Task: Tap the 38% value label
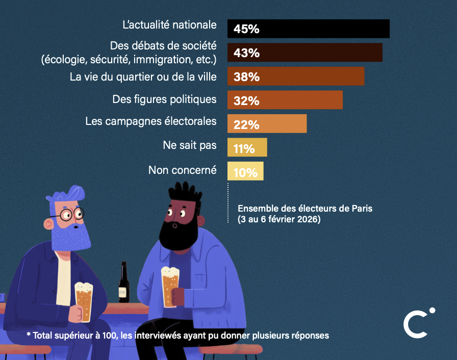pyautogui.click(x=247, y=77)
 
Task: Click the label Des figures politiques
pyautogui.click(x=164, y=98)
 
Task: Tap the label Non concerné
pyautogui.click(x=182, y=170)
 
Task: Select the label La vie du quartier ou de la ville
pyautogui.click(x=143, y=76)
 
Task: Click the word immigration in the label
pyautogui.click(x=162, y=60)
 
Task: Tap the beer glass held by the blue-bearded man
pyautogui.click(x=83, y=301)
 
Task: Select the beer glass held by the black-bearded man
pyautogui.click(x=170, y=287)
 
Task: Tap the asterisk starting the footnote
pyautogui.click(x=29, y=335)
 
